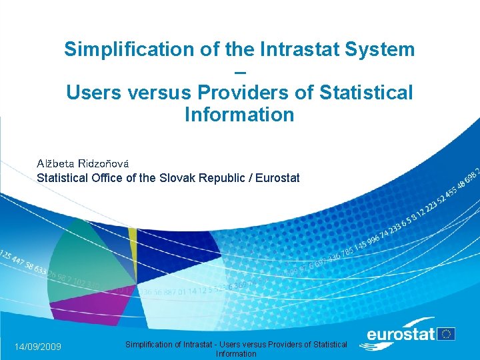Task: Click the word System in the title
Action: coord(383,49)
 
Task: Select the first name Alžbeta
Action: coord(55,163)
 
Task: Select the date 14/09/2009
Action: coord(38,347)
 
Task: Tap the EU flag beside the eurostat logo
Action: coord(447,333)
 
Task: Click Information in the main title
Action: coord(239,115)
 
